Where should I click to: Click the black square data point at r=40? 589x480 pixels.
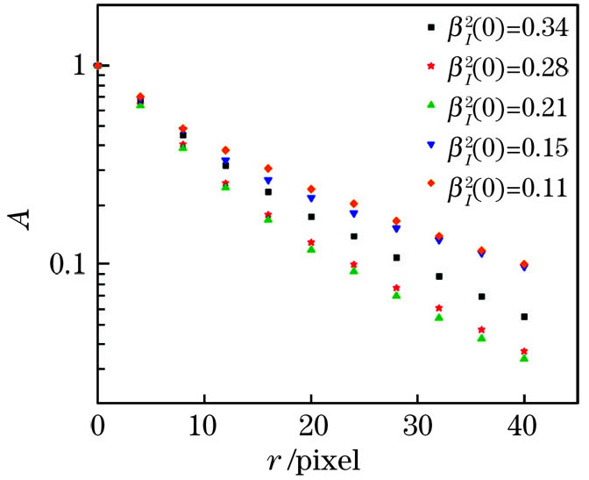(x=524, y=317)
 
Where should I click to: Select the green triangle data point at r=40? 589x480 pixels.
(x=524, y=358)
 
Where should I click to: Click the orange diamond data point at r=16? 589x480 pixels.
(x=268, y=168)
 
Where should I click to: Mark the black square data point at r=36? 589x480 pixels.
(x=481, y=297)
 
